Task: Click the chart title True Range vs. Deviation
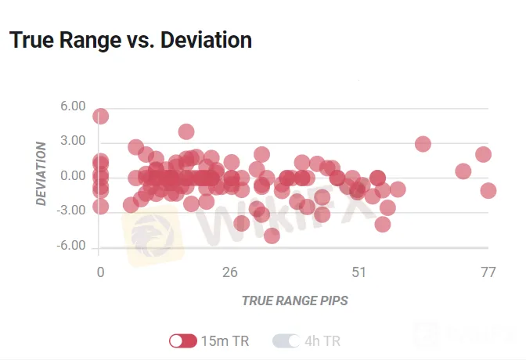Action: (131, 40)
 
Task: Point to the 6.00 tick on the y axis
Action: (73, 106)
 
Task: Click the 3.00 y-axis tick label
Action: (73, 141)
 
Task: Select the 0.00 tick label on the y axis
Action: (73, 176)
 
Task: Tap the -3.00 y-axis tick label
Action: (71, 211)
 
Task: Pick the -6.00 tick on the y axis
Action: (71, 246)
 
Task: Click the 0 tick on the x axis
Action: (100, 272)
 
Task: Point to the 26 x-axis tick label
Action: (229, 272)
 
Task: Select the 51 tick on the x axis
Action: (359, 272)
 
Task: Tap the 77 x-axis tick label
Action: (488, 272)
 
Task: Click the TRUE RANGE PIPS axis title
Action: (295, 301)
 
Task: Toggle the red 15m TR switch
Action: (183, 341)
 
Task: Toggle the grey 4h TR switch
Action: (286, 341)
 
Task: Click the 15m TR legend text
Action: (225, 341)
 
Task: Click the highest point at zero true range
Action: (100, 116)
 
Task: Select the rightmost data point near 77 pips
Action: (488, 190)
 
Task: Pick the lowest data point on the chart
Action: (272, 236)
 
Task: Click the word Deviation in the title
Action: (207, 40)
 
